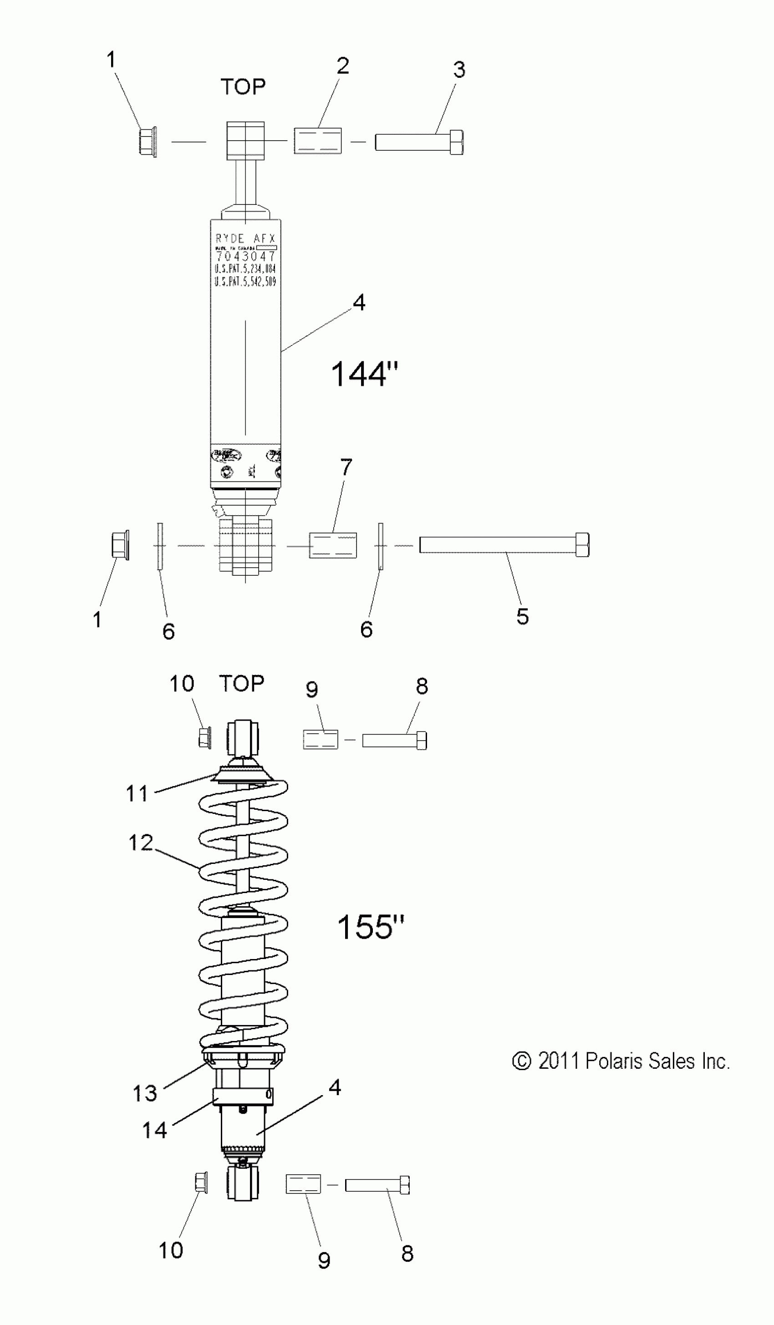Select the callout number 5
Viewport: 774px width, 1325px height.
[522, 616]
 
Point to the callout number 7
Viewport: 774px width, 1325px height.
[346, 467]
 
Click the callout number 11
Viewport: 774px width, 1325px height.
[137, 793]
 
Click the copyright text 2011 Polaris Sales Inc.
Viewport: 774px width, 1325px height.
[621, 1061]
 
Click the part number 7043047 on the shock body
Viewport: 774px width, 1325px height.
[245, 257]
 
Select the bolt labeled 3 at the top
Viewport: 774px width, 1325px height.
[419, 142]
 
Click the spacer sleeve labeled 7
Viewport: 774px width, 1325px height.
[332, 545]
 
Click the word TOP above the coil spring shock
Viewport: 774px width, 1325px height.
[241, 684]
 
